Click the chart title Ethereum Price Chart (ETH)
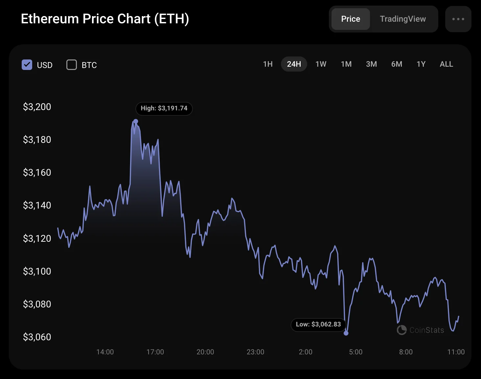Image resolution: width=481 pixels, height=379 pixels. pos(105,19)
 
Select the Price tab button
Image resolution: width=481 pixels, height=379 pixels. pos(351,19)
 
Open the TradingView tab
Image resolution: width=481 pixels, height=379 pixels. pos(403,19)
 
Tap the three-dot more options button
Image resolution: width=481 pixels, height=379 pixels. pos(458,19)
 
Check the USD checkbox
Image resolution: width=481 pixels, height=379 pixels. pos(27,65)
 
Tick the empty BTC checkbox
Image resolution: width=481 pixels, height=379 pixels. pos(72,65)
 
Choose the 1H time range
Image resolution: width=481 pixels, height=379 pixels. pos(268,64)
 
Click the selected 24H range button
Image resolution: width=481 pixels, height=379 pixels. pos(294,64)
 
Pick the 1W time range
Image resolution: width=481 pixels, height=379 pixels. pos(321,64)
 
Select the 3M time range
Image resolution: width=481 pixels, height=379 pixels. pos(371,64)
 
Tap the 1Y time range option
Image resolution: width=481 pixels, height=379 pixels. pos(421,64)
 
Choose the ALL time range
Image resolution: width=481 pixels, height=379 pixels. pos(446,64)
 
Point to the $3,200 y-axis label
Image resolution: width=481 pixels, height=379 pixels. pos(37,107)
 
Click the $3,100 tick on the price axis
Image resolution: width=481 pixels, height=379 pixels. pos(37,271)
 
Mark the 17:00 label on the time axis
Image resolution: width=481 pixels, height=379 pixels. pos(155,352)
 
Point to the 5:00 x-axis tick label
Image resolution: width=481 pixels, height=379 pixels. pos(355,352)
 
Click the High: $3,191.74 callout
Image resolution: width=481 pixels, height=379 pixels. pos(164,108)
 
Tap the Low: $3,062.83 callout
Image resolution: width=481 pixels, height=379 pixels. pos(318,324)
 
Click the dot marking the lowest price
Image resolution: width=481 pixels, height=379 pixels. pos(346,333)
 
